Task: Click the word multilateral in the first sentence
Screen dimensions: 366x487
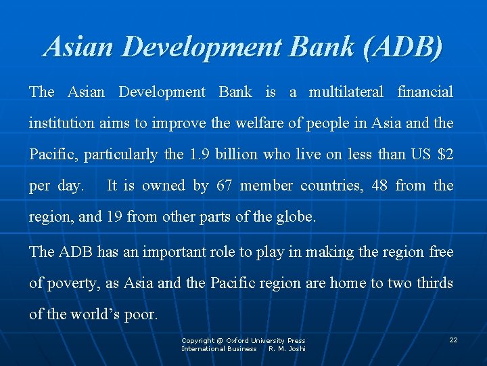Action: (346, 92)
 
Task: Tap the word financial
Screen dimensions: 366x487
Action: (425, 92)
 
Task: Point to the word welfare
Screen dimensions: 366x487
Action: (262, 123)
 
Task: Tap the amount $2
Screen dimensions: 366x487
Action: (445, 155)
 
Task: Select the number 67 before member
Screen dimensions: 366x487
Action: (225, 186)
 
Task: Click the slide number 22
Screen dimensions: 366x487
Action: (453, 340)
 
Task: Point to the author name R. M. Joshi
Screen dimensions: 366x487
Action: (287, 349)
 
